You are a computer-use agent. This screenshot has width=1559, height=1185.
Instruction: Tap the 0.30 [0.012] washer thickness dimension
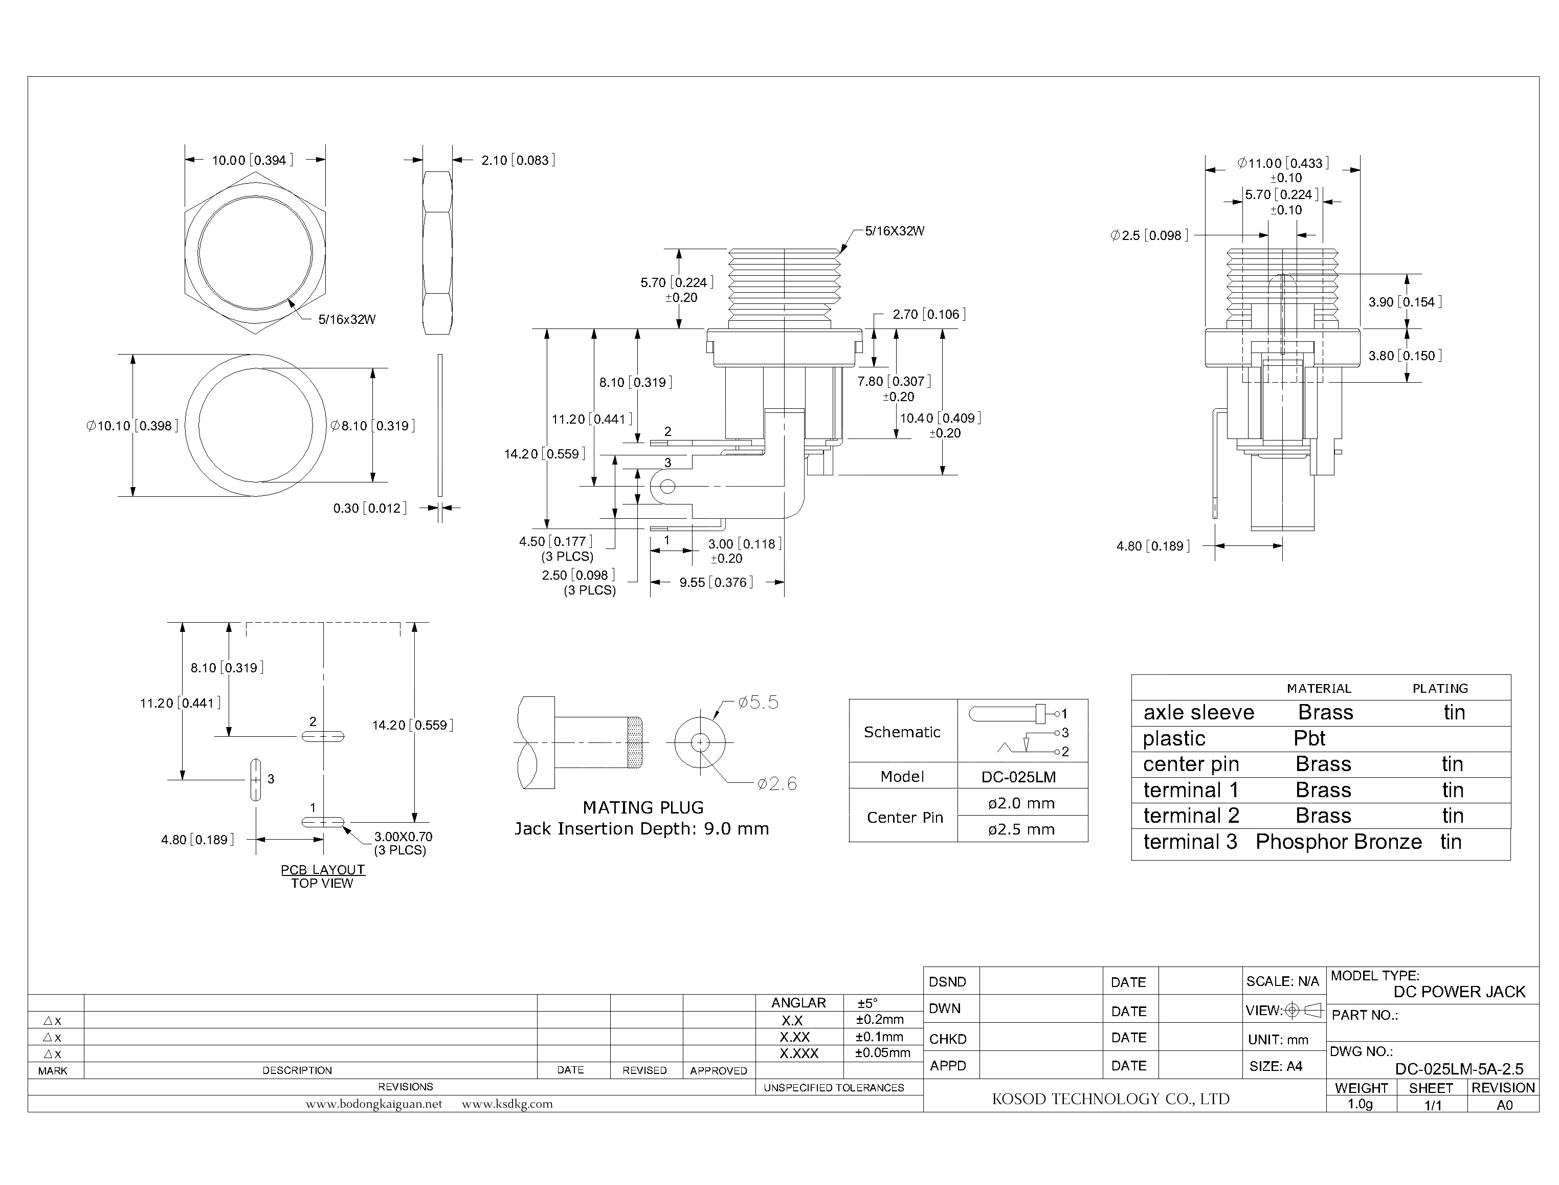(369, 508)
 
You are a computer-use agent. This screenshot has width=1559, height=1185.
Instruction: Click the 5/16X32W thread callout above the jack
(894, 231)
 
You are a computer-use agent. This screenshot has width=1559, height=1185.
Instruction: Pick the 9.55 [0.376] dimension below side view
(716, 582)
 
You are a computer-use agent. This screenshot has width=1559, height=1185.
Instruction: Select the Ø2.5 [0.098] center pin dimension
(1149, 235)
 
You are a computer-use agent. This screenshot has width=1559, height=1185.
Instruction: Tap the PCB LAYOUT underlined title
(323, 870)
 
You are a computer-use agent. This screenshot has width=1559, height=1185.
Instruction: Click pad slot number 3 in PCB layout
(255, 779)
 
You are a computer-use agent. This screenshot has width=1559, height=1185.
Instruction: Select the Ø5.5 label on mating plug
(758, 703)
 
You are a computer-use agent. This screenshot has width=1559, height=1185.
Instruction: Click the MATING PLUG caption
(642, 807)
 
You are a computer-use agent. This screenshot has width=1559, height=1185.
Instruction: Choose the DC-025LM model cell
(1018, 777)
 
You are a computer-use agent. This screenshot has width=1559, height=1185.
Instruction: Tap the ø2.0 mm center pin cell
(1021, 803)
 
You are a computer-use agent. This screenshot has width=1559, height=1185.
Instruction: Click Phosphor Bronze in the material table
(1339, 842)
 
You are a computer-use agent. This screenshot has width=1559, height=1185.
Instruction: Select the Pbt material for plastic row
(1309, 738)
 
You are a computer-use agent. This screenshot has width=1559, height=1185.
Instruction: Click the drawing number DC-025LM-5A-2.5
(1459, 1069)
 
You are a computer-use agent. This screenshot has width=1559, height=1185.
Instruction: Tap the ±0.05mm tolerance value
(883, 1053)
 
